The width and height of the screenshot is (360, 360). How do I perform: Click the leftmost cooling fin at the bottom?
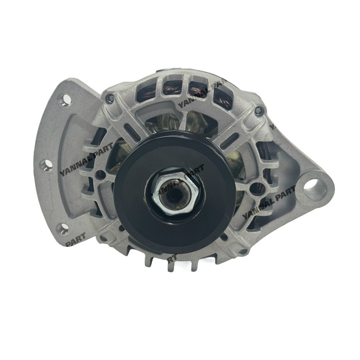[148, 258]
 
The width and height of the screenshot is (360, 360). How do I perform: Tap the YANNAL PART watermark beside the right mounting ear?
[268, 204]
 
